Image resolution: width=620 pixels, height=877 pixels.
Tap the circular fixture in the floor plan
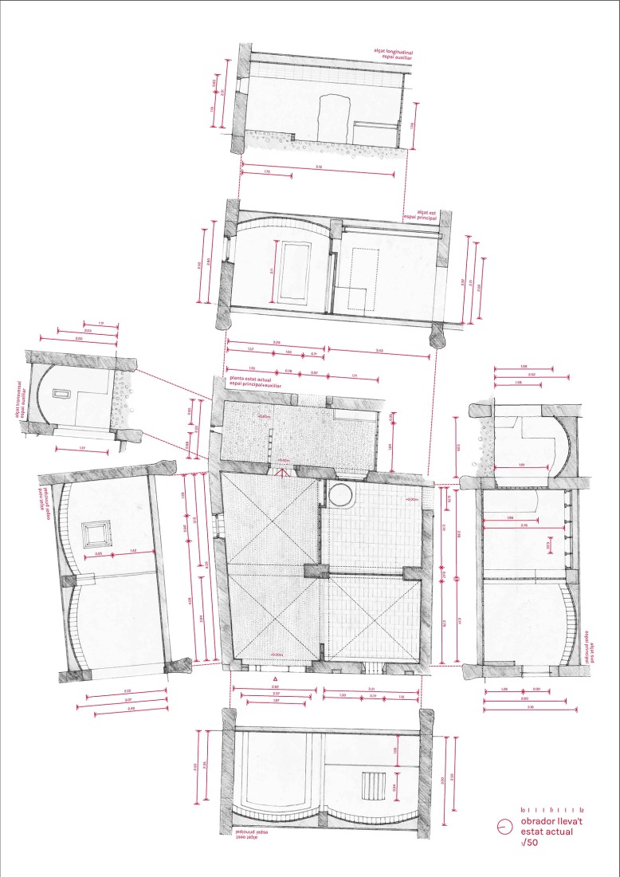(340, 494)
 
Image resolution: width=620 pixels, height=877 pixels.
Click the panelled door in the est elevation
(294, 273)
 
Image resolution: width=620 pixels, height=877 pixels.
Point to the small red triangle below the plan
(275, 678)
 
